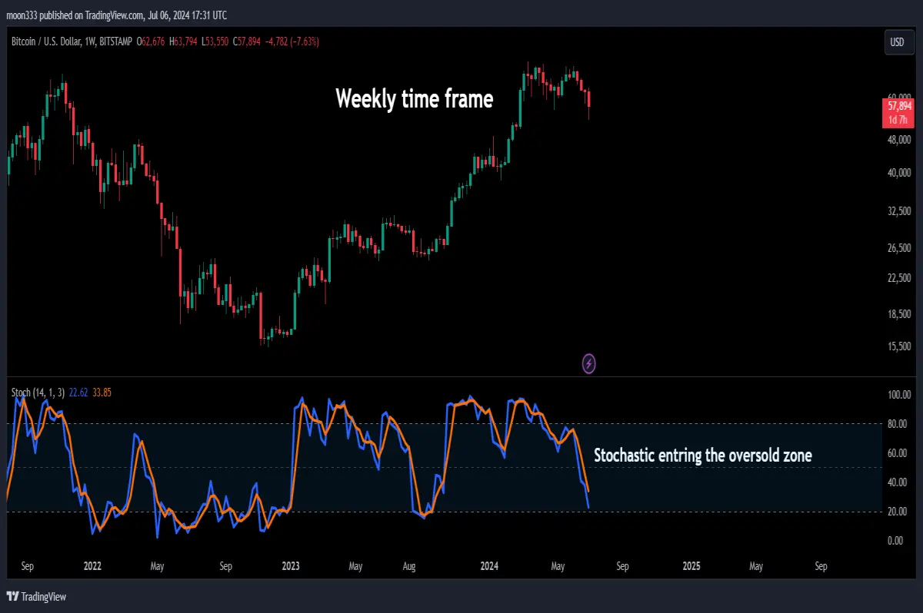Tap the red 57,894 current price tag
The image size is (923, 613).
[898, 113]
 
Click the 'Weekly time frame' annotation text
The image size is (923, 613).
[414, 99]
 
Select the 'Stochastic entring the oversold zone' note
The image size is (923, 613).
[702, 456]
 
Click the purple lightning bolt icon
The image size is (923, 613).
[588, 363]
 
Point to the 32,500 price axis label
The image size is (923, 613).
[899, 211]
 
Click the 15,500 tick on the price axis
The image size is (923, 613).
[899, 346]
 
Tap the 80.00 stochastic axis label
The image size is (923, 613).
[897, 424]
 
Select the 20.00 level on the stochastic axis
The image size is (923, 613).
[897, 512]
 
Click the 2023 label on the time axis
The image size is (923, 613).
[291, 566]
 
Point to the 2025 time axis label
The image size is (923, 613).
[691, 566]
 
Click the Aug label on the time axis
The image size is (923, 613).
[408, 566]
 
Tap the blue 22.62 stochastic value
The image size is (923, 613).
[78, 393]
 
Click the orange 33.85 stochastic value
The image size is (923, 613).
[102, 393]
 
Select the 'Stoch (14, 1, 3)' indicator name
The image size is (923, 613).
[38, 393]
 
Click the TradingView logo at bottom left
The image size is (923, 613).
[36, 597]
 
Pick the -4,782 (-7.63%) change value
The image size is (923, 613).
[292, 41]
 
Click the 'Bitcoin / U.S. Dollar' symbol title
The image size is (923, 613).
[46, 41]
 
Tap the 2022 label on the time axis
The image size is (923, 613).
[92, 566]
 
